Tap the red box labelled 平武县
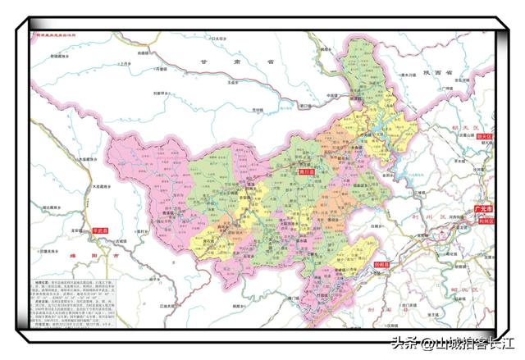pyautogui.click(x=102, y=232)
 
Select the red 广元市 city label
pyautogui.click(x=483, y=211)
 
